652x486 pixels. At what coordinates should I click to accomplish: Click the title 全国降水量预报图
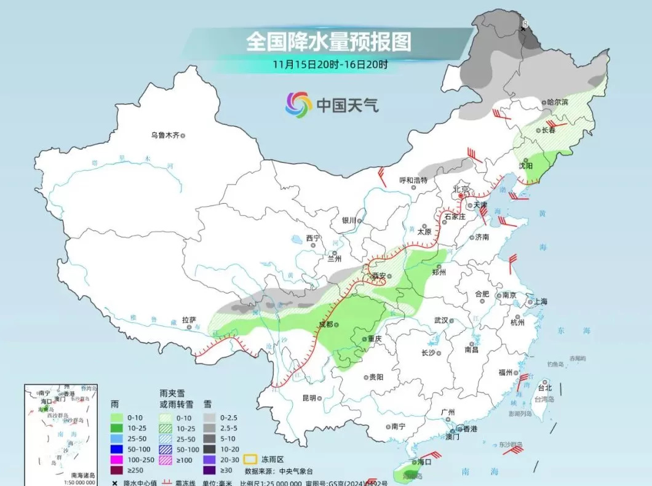click(x=328, y=42)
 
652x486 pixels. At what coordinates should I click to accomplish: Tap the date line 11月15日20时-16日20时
click(x=331, y=64)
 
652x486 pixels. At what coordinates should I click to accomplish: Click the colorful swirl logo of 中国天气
click(x=299, y=105)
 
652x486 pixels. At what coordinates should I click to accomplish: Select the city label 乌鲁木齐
click(x=165, y=135)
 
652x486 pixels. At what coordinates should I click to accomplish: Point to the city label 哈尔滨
click(x=558, y=102)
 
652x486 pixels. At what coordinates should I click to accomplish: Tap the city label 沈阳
click(x=525, y=166)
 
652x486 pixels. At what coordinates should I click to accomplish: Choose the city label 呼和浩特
click(x=413, y=180)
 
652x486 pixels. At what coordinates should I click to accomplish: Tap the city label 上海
click(x=541, y=301)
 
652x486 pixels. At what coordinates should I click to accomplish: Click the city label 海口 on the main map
click(x=424, y=461)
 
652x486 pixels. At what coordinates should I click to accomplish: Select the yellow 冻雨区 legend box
click(x=250, y=458)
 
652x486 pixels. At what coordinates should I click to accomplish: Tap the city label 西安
click(x=379, y=276)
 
